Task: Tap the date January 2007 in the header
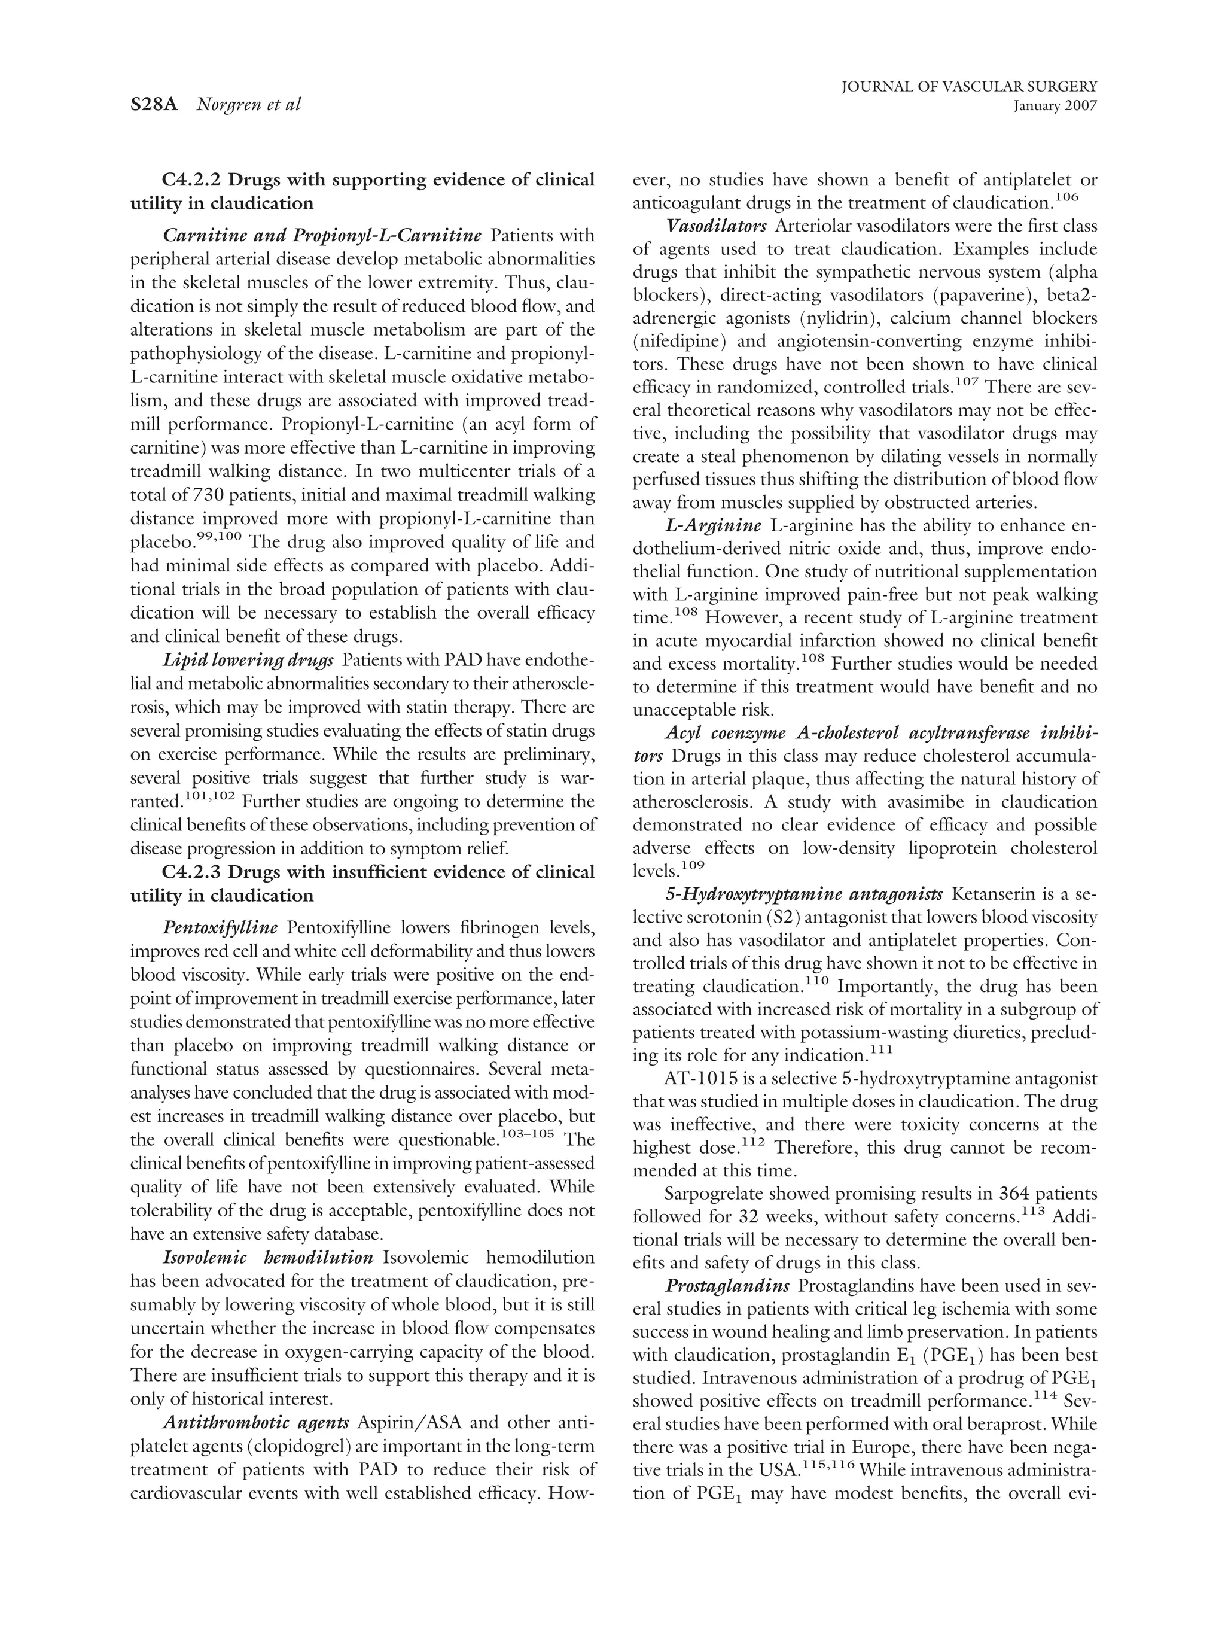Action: point(1054,106)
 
